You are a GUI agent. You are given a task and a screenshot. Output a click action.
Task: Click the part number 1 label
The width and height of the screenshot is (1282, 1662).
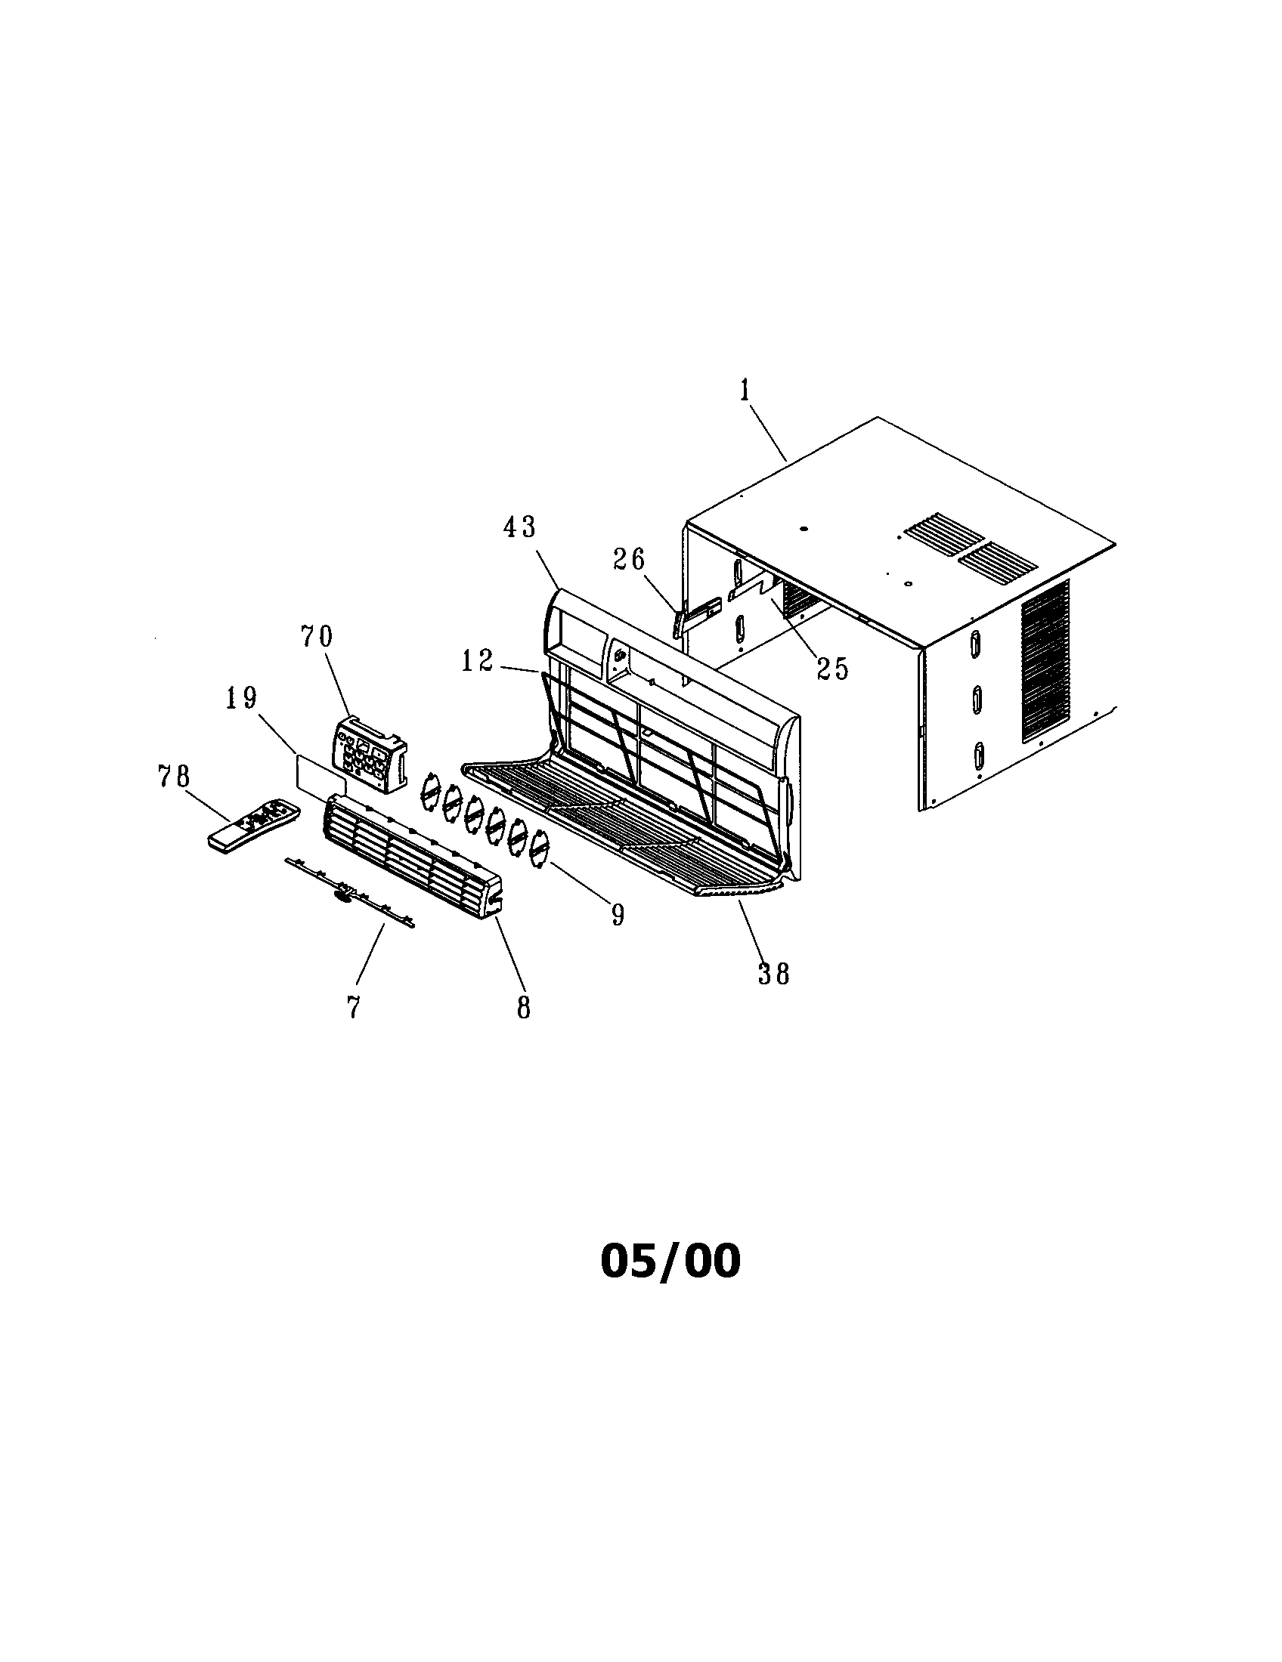click(x=745, y=391)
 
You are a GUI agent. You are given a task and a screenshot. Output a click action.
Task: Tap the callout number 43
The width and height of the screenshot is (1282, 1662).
click(x=519, y=527)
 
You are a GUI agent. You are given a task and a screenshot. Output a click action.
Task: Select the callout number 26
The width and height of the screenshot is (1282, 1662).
click(x=629, y=560)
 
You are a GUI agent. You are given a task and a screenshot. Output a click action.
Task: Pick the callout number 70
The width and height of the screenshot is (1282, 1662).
click(x=317, y=636)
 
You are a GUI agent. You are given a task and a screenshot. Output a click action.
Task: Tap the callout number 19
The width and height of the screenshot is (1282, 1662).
click(x=241, y=698)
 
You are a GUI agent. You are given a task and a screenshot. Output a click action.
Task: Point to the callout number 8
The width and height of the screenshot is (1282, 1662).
click(x=523, y=1008)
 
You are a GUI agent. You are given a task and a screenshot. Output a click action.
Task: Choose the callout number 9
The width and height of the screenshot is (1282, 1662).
click(x=617, y=915)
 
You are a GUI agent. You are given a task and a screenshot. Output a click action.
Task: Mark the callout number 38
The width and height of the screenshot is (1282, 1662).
click(x=774, y=973)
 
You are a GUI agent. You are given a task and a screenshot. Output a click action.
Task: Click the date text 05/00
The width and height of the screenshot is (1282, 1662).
click(x=670, y=1261)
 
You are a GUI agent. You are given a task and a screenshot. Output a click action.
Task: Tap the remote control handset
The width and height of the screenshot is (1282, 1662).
click(x=253, y=825)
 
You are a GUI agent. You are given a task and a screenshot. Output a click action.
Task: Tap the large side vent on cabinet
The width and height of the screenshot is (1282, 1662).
click(x=1045, y=660)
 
